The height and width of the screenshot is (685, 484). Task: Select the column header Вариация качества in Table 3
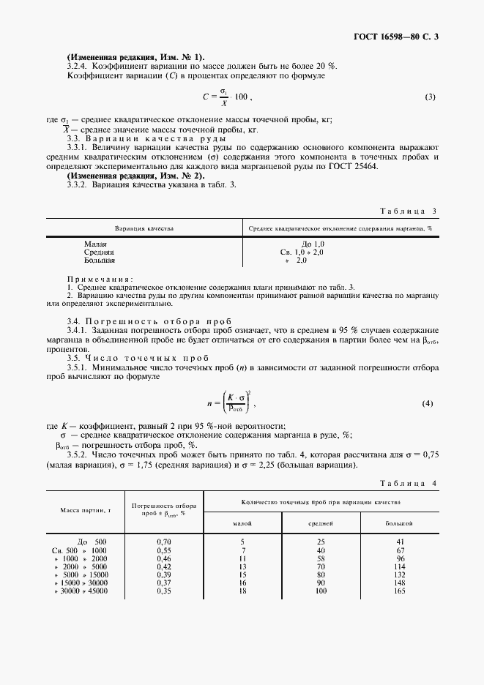(x=144, y=229)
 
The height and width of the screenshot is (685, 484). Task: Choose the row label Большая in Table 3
(x=100, y=260)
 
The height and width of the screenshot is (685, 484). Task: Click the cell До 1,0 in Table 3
(x=313, y=243)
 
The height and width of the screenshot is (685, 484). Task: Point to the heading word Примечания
(x=99, y=279)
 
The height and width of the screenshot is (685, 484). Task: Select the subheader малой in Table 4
(x=242, y=523)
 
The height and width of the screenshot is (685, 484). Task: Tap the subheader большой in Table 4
(x=399, y=523)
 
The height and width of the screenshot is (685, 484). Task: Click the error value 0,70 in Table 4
(x=164, y=542)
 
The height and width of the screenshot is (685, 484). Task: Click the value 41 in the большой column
(x=400, y=542)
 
